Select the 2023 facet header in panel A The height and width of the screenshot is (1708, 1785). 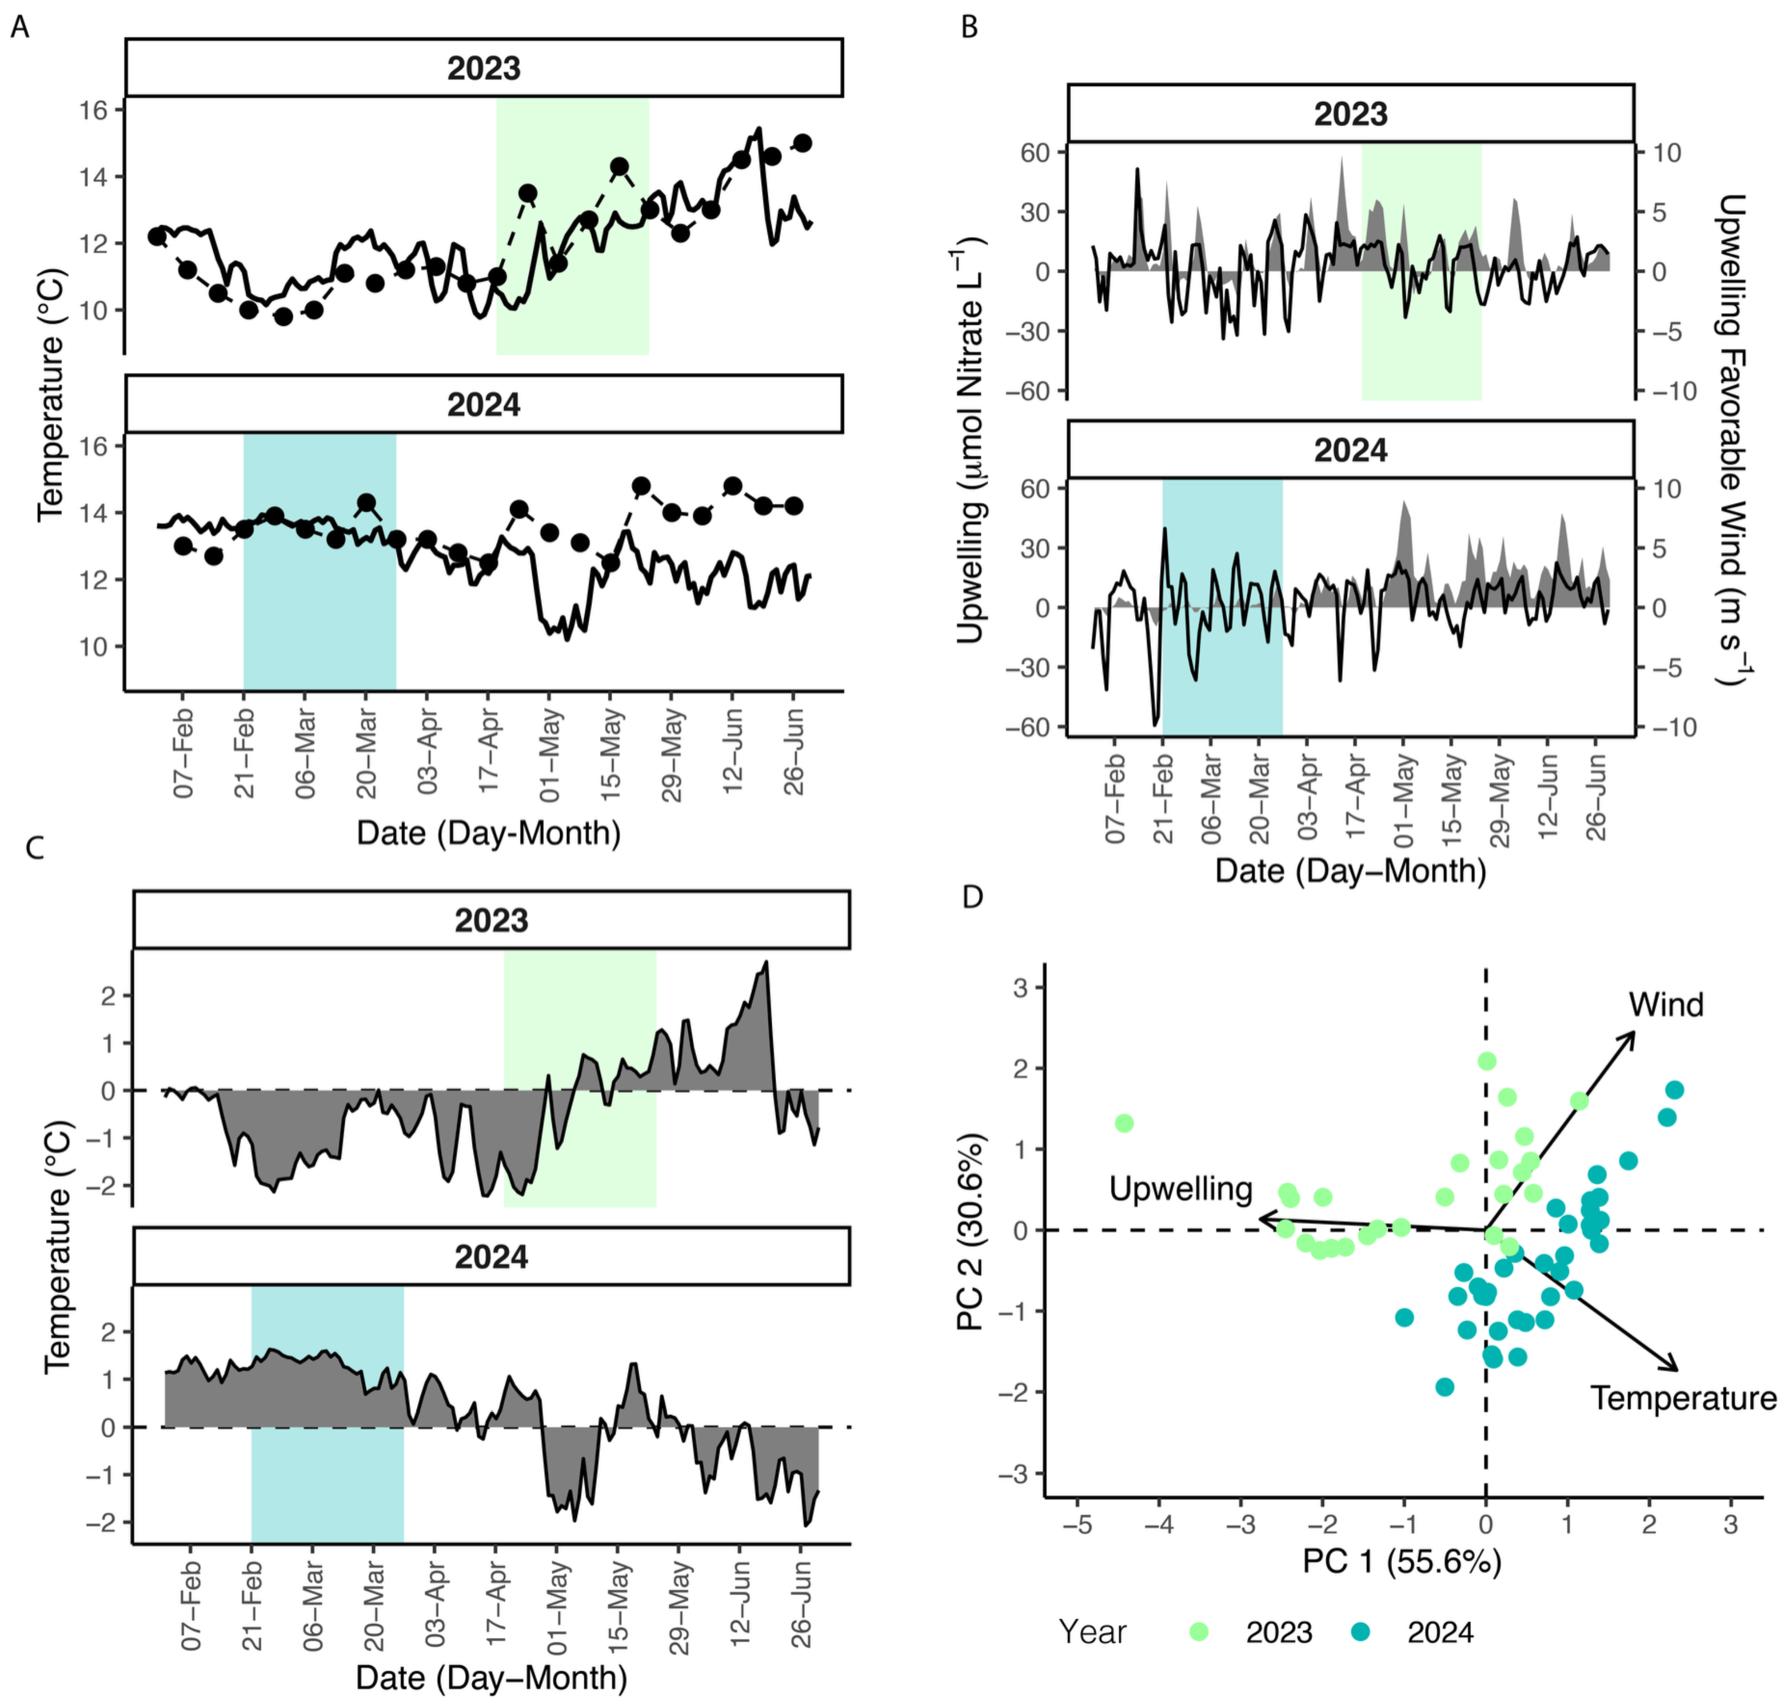pos(483,68)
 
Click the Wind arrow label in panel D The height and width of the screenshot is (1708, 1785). pos(1666,1005)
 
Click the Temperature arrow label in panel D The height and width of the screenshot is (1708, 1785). pos(1683,1397)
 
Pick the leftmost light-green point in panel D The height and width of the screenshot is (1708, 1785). pos(1124,1124)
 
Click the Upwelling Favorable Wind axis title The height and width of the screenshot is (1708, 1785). pos(1732,439)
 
